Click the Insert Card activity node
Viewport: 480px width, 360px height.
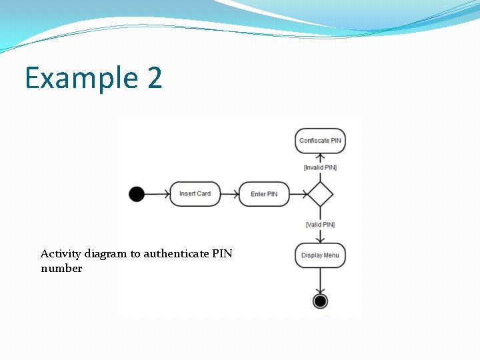(195, 194)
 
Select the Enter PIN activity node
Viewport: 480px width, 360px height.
(264, 194)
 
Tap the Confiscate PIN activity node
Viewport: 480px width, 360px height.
(320, 141)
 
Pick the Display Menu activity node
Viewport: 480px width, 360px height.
(320, 255)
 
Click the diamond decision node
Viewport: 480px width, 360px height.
(320, 194)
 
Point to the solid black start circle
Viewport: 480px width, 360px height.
(136, 194)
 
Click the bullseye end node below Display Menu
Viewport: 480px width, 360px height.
(320, 301)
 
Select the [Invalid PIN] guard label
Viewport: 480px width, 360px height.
(320, 167)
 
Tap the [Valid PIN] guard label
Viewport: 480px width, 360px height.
(320, 225)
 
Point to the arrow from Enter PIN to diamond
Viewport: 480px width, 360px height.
(299, 194)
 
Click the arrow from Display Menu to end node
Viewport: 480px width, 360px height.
(320, 280)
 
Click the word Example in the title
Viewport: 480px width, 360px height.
(71, 79)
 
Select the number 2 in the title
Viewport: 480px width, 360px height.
(154, 79)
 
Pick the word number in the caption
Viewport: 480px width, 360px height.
(61, 269)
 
